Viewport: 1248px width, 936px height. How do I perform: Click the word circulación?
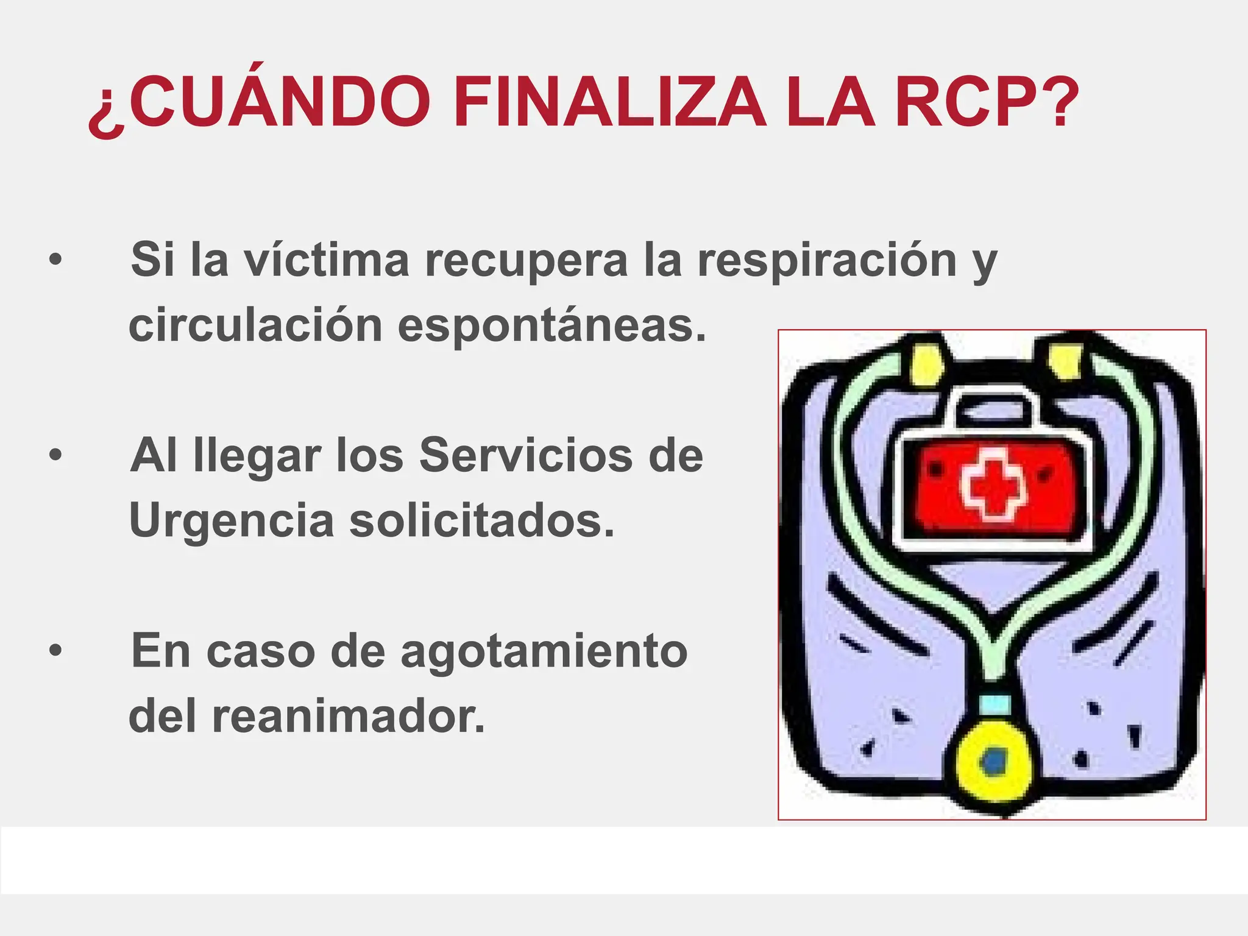click(255, 325)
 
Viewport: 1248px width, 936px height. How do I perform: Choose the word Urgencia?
click(232, 522)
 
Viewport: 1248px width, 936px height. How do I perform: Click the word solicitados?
click(481, 522)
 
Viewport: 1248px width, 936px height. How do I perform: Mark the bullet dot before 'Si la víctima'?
click(55, 260)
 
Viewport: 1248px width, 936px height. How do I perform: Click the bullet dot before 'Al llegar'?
click(55, 455)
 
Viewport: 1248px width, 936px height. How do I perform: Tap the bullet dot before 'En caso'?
click(55, 651)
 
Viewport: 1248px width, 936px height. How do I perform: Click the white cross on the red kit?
click(993, 484)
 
